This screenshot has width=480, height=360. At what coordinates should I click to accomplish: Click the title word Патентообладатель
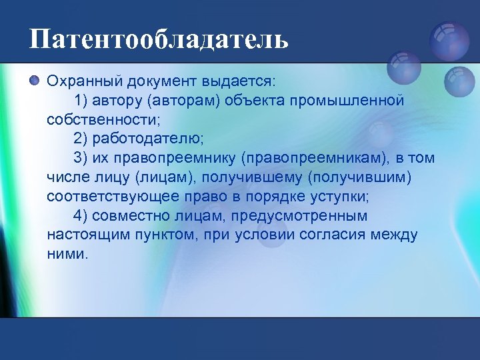[159, 39]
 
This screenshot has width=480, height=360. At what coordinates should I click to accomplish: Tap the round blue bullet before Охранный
[35, 81]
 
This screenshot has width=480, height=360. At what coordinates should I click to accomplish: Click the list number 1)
[82, 100]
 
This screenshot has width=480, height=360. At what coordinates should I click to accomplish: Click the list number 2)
[82, 139]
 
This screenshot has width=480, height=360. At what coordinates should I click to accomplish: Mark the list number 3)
[82, 158]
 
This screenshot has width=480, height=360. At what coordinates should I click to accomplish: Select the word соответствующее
[109, 197]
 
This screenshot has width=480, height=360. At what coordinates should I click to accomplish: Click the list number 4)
[82, 216]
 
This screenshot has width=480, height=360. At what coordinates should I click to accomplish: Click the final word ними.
[67, 255]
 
